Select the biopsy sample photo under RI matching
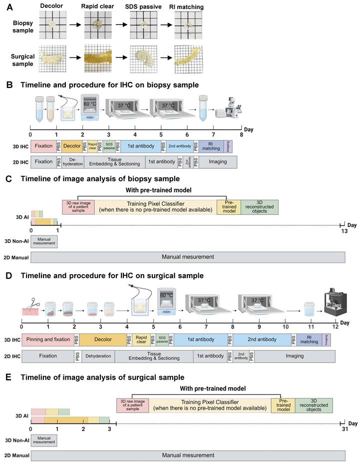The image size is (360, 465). [187, 24]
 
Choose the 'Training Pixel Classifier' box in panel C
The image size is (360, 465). [155, 207]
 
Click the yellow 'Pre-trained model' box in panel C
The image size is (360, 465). [228, 207]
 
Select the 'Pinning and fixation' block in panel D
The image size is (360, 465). [47, 340]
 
